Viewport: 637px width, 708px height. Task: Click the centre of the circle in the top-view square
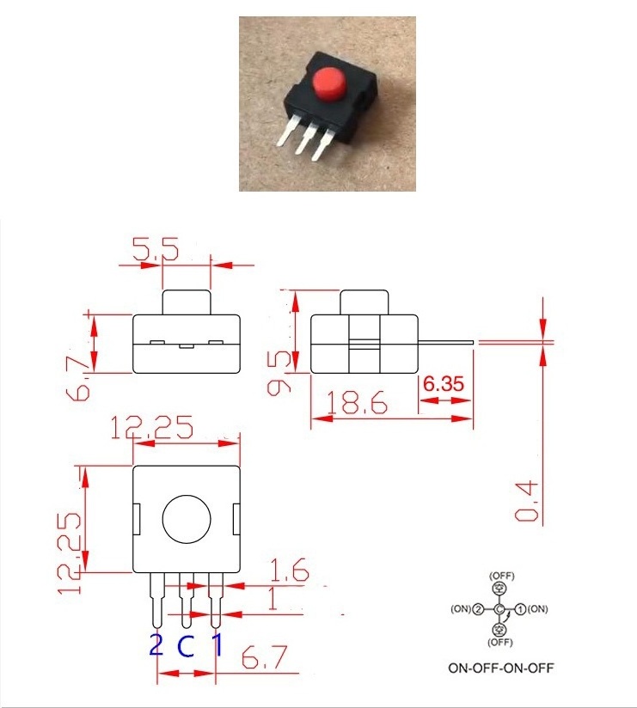[187, 519]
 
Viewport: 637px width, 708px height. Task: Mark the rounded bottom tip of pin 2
[157, 627]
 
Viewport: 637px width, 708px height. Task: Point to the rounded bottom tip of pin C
[187, 627]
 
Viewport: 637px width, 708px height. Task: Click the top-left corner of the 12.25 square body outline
[133, 466]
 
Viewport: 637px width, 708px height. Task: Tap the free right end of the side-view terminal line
[474, 342]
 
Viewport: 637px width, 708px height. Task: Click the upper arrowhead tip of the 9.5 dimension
[296, 291]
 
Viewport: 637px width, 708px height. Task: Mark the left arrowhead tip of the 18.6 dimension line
[312, 419]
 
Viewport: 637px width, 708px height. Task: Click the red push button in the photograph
[328, 84]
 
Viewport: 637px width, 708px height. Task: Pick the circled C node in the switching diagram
[499, 609]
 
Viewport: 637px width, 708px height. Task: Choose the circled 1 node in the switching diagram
[520, 609]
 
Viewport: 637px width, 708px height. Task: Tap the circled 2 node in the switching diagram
[479, 609]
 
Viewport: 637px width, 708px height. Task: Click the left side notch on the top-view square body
[138, 519]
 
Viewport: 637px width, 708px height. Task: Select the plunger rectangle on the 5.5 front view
[187, 302]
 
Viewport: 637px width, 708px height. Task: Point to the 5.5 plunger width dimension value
[156, 249]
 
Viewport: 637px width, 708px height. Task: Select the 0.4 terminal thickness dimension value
[527, 502]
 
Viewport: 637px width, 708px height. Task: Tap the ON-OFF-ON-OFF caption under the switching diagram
[500, 668]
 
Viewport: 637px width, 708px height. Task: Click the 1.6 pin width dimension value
[290, 570]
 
